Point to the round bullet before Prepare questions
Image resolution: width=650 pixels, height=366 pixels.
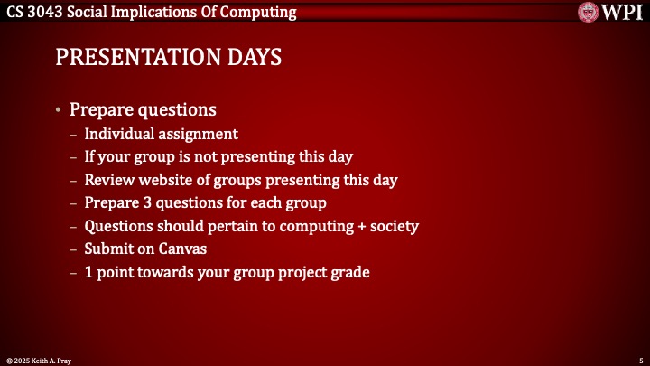[x=59, y=111]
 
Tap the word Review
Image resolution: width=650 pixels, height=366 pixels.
[x=109, y=180]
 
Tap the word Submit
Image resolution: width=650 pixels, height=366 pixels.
[x=109, y=249]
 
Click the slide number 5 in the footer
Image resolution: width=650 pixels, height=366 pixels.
[x=639, y=359]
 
